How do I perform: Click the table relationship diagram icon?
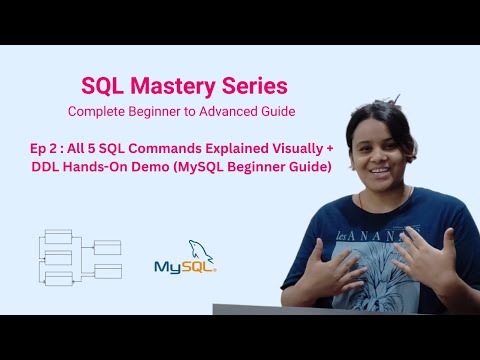pos(79,259)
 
